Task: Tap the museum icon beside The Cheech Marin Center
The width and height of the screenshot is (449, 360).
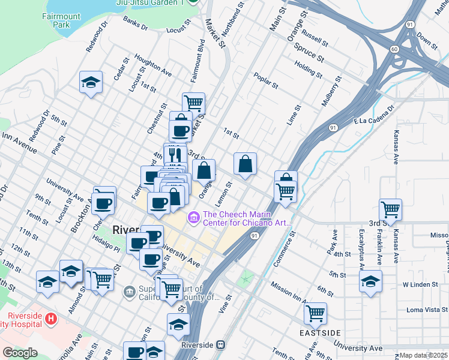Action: [x=194, y=217]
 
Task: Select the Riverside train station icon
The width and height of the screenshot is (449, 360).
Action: [x=221, y=346]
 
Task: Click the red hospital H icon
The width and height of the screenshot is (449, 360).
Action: [x=51, y=317]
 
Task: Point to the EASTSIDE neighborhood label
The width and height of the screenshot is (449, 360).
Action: [x=321, y=332]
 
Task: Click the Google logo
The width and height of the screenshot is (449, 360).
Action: [x=19, y=353]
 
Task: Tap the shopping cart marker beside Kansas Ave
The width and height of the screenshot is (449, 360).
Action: [x=390, y=210]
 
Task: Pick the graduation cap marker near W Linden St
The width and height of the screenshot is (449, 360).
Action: [x=370, y=280]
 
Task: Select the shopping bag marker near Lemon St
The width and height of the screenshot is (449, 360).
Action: [x=246, y=164]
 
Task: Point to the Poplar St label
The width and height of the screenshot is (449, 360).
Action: [x=266, y=81]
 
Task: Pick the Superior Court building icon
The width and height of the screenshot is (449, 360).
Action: [x=129, y=292]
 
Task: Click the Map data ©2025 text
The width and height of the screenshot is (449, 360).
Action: [x=423, y=355]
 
